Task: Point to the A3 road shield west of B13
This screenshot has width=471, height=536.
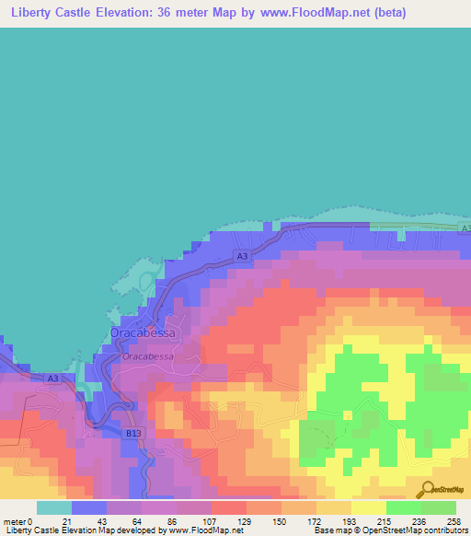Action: click(52, 379)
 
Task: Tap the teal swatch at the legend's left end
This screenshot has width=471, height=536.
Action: click(54, 507)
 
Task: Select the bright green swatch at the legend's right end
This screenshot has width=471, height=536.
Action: click(438, 507)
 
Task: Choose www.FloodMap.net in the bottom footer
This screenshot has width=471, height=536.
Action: click(198, 530)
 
